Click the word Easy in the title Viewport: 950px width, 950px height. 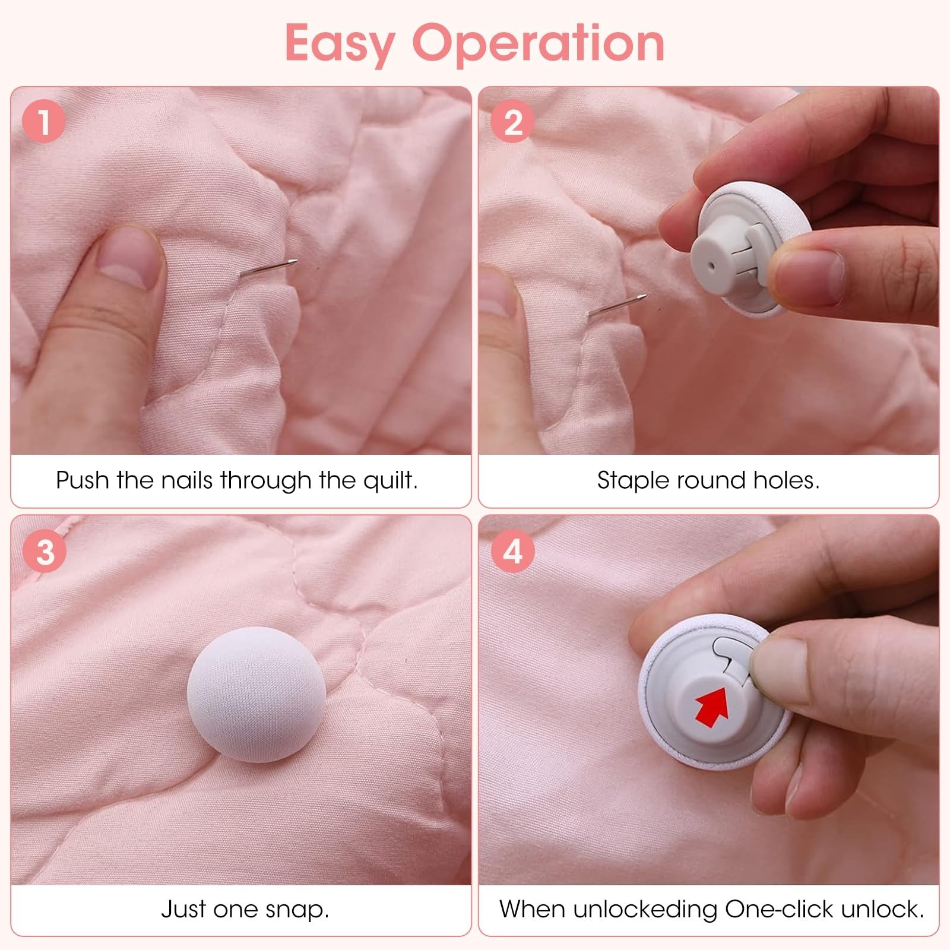click(340, 43)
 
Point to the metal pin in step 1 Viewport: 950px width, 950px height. click(268, 268)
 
